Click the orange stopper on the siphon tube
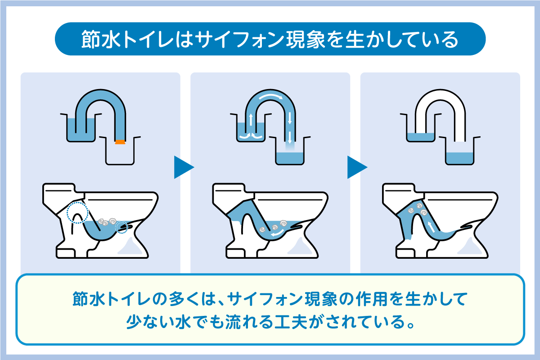120,142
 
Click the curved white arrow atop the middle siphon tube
271,96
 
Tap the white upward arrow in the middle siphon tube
251,120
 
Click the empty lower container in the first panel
120,151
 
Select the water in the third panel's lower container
460,158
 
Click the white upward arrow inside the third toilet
431,227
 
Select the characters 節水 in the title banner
101,39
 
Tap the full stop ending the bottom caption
410,325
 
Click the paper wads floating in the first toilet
108,222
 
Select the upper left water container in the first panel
81,127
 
